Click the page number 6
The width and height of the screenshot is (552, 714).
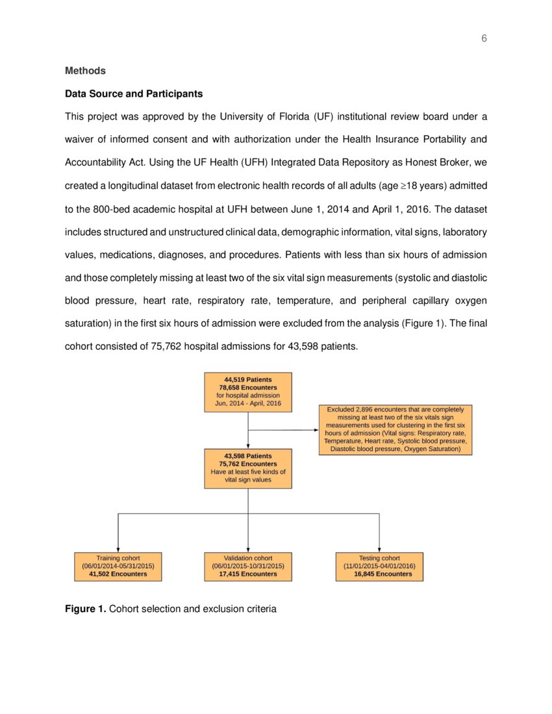(x=484, y=39)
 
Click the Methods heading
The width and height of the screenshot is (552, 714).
(x=85, y=71)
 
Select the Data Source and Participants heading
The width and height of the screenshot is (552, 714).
(x=134, y=94)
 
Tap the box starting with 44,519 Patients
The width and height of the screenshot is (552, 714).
(x=248, y=392)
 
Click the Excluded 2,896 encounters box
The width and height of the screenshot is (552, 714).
(x=395, y=429)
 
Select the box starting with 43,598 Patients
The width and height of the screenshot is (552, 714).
(x=248, y=468)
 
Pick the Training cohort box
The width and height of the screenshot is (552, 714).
(x=118, y=566)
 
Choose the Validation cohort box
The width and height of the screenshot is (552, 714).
(x=248, y=566)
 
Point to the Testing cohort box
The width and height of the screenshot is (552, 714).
(x=379, y=566)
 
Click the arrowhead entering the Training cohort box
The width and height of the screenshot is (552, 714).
(x=118, y=549)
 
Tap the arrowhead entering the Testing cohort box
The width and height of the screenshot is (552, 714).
(x=379, y=549)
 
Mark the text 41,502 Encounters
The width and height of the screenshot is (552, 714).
(x=118, y=574)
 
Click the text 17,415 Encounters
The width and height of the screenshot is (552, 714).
(x=248, y=574)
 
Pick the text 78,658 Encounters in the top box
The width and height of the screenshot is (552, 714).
(x=248, y=387)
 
